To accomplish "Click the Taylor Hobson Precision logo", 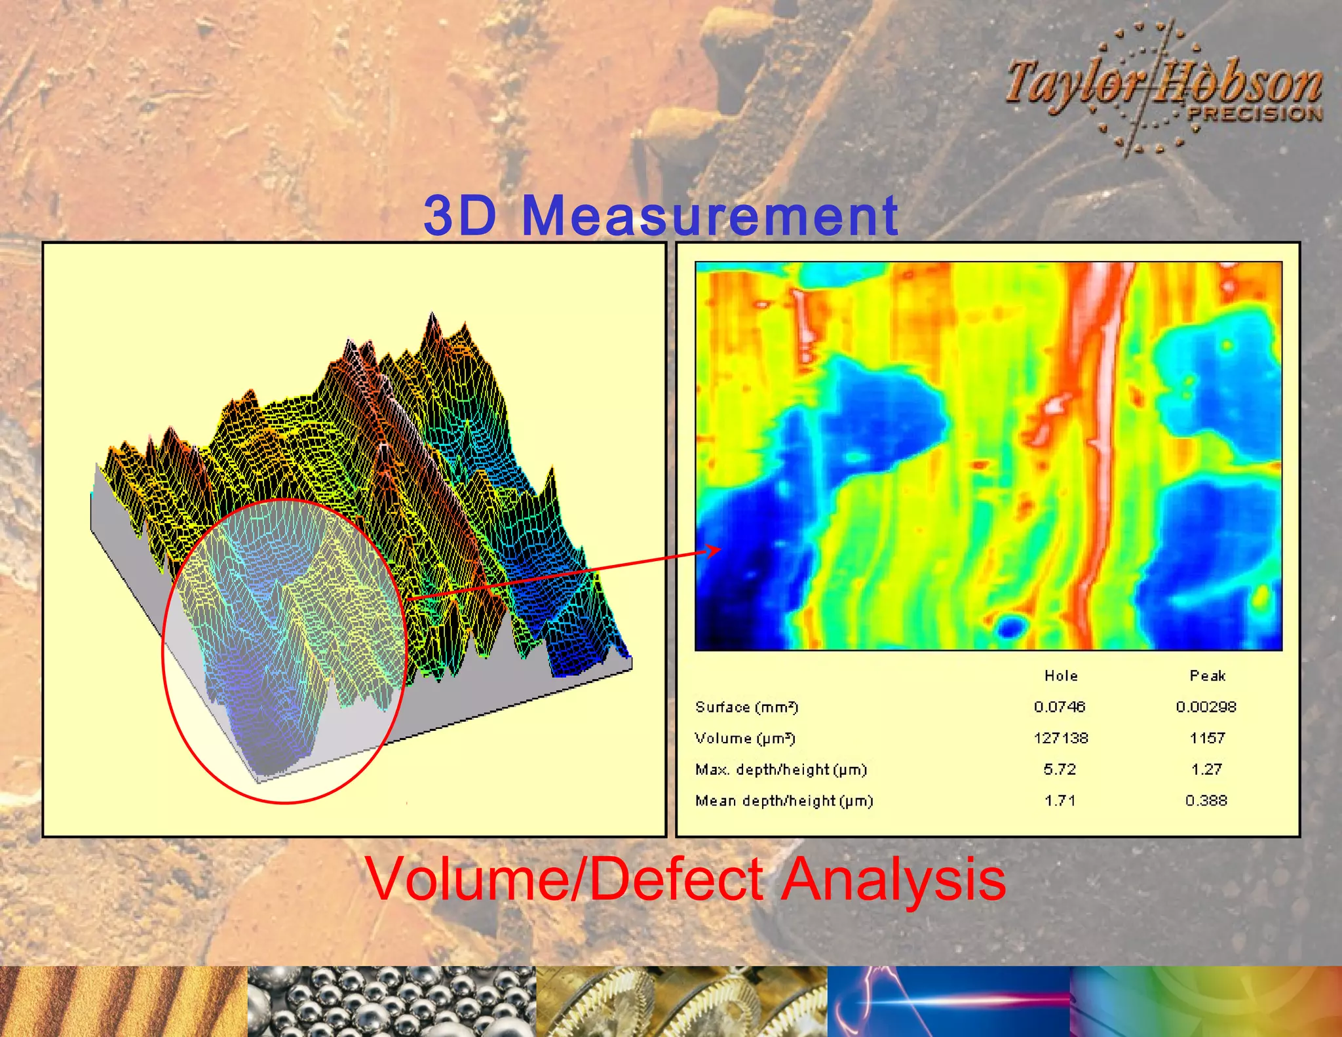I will tap(1163, 88).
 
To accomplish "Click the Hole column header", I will tap(1061, 676).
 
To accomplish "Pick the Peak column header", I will tap(1207, 676).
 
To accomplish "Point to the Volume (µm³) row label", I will tap(745, 738).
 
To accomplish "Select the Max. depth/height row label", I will tap(781, 770).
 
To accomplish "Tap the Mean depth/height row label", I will tap(784, 801).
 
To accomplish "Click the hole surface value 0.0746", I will tap(1060, 707).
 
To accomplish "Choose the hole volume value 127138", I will tap(1061, 738).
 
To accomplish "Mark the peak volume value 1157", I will tap(1207, 738).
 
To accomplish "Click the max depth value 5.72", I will tap(1060, 770).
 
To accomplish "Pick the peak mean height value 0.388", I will tap(1206, 801).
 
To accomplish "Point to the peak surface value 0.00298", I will tap(1206, 707).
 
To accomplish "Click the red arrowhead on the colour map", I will tap(714, 551).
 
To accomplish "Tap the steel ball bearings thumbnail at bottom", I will tap(392, 1002).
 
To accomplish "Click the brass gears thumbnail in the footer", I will tap(681, 1002).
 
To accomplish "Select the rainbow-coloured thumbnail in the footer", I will tap(1206, 1002).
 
